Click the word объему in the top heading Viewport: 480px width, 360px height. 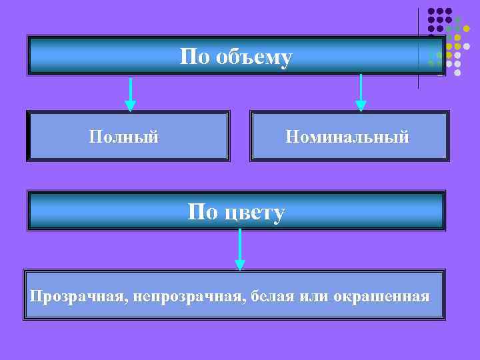[x=254, y=57]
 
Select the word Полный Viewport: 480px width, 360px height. [x=124, y=137]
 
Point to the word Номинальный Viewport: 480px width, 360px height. [x=347, y=137]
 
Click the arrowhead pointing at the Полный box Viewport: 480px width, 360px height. [x=131, y=105]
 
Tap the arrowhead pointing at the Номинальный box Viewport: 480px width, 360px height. [x=361, y=105]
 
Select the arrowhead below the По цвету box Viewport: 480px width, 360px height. [x=240, y=265]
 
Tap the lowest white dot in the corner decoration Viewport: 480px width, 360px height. [x=457, y=72]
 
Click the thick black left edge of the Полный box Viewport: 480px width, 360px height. [x=29, y=136]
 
